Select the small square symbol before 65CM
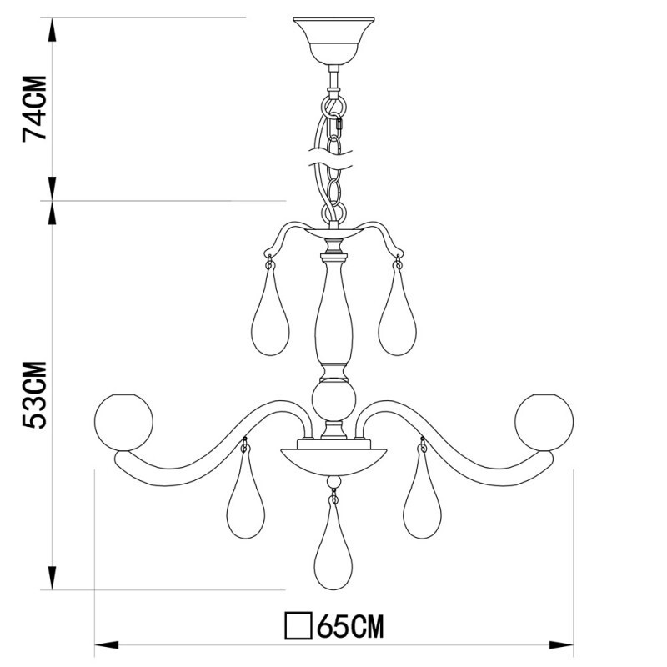[297, 625]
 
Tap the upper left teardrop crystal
[271, 317]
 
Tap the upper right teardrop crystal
[397, 317]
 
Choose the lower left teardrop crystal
[246, 500]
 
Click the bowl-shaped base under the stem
[334, 459]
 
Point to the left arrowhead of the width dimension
[105, 644]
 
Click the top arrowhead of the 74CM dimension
[53, 28]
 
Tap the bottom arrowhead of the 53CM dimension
[53, 578]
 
